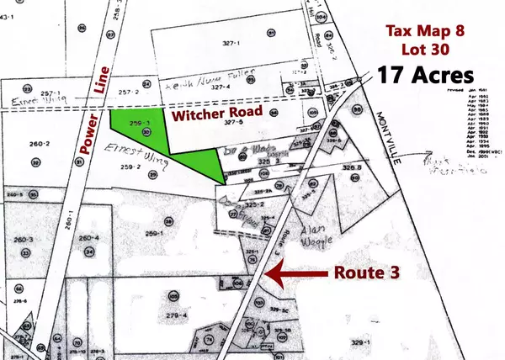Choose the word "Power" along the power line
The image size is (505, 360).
click(84, 139)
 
